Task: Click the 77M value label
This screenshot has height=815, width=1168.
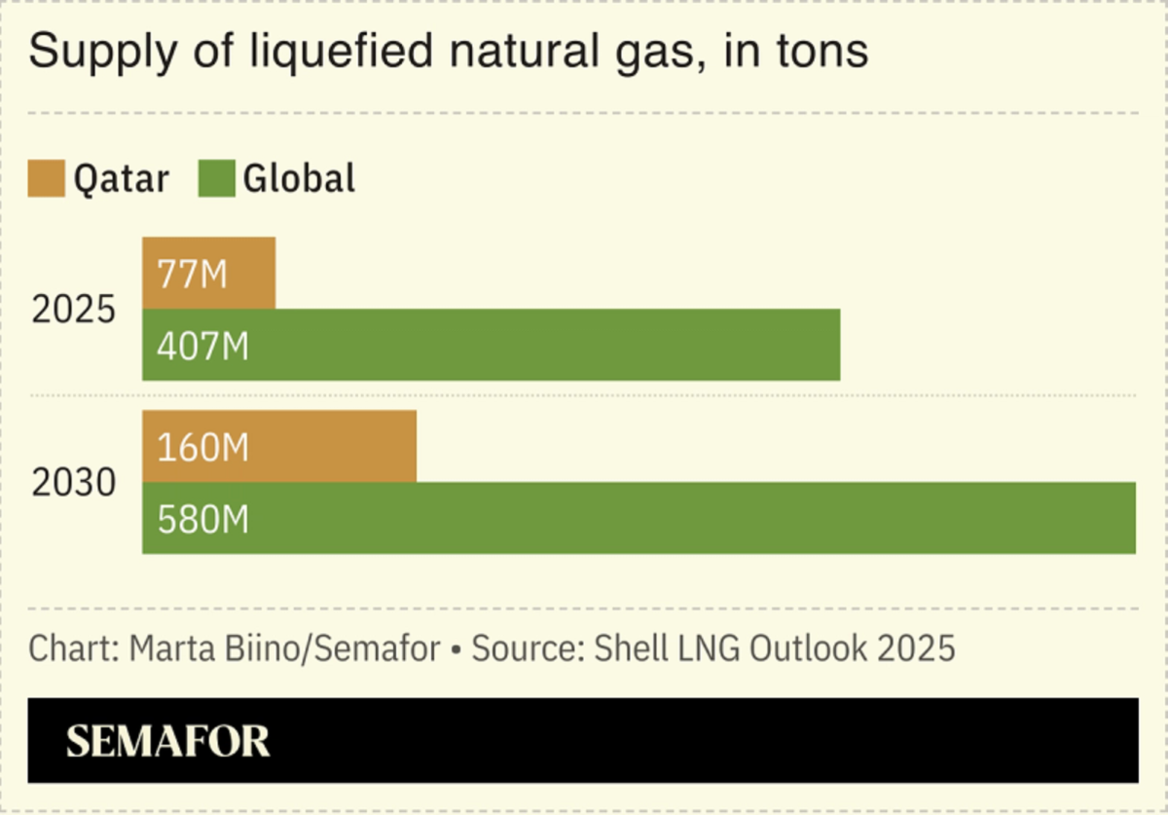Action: click(191, 274)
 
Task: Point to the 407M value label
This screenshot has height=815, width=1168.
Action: click(202, 346)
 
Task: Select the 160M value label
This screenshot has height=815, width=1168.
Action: click(202, 447)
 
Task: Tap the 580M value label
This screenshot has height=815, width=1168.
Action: click(202, 519)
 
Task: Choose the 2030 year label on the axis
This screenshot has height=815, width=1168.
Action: click(74, 483)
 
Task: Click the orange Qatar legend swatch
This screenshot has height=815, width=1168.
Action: click(46, 179)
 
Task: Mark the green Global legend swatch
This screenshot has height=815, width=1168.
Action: click(216, 179)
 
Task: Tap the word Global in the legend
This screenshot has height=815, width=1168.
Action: click(299, 179)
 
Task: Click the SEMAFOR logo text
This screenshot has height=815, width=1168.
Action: click(167, 742)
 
